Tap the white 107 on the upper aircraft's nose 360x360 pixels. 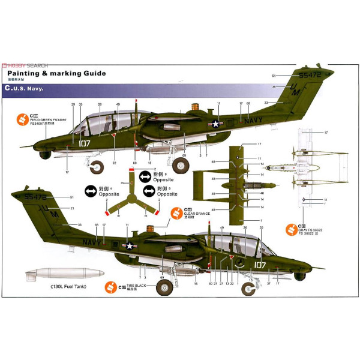tap(83, 143)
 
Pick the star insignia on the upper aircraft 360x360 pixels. tap(215, 124)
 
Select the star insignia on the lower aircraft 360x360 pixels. tap(129, 244)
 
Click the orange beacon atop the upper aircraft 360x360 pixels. tap(195, 107)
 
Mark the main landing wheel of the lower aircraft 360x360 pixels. tap(164, 287)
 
